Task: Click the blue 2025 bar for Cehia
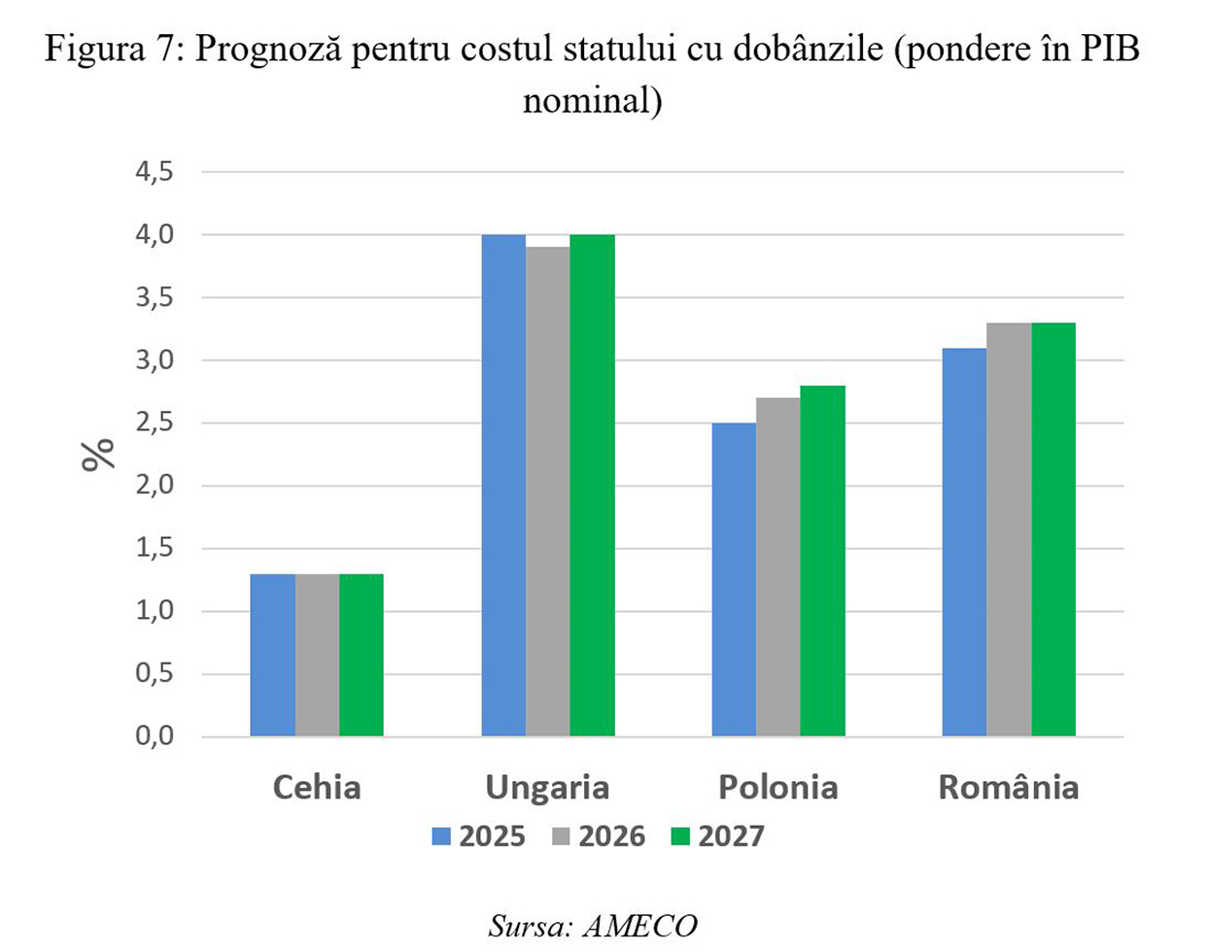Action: coord(272,655)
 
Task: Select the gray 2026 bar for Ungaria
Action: coord(547,492)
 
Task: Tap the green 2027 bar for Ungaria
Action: coord(592,486)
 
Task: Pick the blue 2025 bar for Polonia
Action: coord(734,580)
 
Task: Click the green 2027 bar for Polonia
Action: coord(822,561)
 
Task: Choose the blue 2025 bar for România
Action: coord(964,542)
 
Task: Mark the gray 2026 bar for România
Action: coord(1009,529)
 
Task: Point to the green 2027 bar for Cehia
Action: coord(362,655)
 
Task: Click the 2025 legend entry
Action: coord(479,836)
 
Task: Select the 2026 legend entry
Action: coord(599,836)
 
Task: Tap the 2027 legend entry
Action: coord(718,836)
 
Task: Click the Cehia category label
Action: coord(317,787)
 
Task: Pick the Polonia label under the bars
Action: coord(777,787)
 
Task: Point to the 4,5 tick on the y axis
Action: coord(154,172)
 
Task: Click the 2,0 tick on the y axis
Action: coord(154,486)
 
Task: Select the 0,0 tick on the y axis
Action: coord(154,736)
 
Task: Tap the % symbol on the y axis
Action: coord(98,454)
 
